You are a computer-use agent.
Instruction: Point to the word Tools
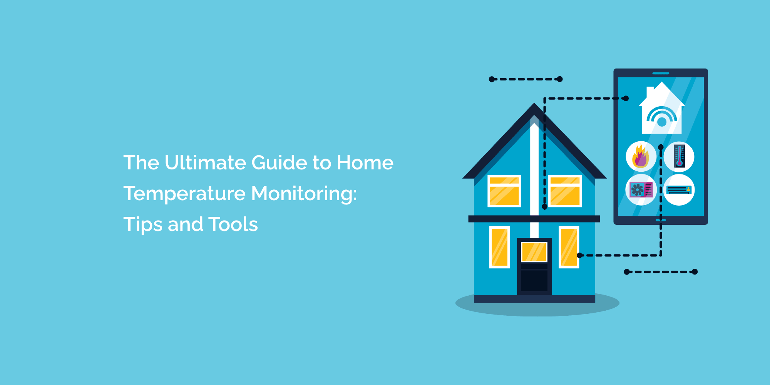(x=233, y=224)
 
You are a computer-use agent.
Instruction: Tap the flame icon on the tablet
(x=641, y=156)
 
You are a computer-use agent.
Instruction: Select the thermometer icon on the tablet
(x=679, y=157)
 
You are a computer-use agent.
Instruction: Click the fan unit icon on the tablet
(x=641, y=189)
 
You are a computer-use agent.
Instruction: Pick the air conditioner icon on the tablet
(x=679, y=189)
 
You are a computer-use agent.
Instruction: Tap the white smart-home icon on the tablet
(x=661, y=110)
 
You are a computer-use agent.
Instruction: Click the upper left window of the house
(x=504, y=191)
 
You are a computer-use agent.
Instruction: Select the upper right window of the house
(x=565, y=191)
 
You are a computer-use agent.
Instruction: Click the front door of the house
(x=534, y=266)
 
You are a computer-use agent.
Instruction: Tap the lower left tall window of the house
(x=499, y=247)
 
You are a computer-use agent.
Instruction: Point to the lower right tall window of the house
(x=569, y=247)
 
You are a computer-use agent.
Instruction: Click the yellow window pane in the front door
(x=534, y=252)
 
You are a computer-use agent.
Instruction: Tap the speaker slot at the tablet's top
(x=661, y=73)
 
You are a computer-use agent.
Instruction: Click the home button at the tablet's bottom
(x=661, y=220)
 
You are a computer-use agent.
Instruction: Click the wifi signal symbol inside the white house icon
(x=662, y=116)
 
